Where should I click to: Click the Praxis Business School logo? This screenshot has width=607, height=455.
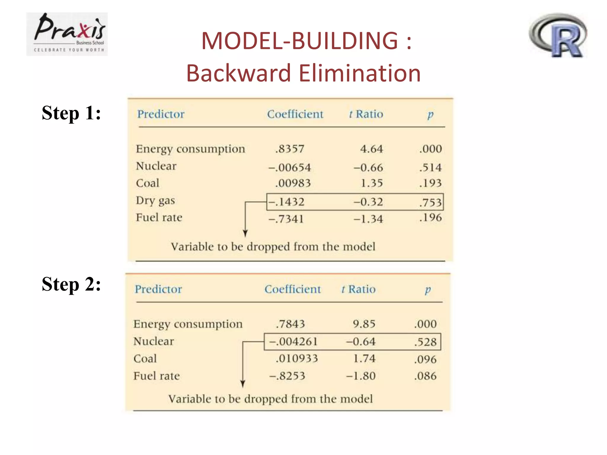tap(67, 34)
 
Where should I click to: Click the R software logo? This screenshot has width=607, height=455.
tap(558, 36)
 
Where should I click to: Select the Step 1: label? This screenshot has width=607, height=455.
tap(71, 113)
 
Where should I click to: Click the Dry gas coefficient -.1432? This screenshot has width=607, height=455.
tap(286, 202)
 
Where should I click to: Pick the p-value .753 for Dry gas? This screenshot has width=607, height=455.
tap(430, 203)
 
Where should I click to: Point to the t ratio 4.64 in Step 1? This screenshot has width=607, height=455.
tap(371, 149)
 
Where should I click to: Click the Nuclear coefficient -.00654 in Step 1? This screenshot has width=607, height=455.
tap(290, 168)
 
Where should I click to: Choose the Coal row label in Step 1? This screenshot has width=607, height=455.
tap(148, 183)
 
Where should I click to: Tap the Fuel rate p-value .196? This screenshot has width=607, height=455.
tap(430, 218)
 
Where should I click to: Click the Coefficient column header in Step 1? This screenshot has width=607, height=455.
tap(295, 114)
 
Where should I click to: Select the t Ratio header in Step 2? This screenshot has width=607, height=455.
tap(358, 289)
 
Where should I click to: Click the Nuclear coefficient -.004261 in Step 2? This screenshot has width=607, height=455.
tap(293, 342)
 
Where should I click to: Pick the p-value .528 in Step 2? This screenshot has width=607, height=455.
tap(425, 342)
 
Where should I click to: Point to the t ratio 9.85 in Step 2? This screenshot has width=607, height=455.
tap(364, 324)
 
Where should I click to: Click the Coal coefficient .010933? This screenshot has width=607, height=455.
tap(297, 359)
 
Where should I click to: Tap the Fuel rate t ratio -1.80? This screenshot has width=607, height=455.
tap(361, 376)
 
